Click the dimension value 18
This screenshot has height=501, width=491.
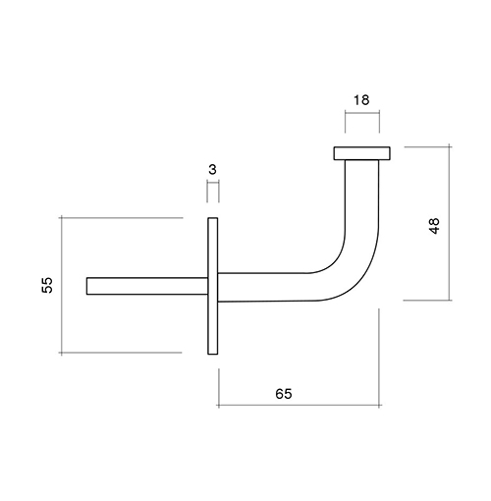(x=361, y=100)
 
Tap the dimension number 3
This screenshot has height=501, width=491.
(x=212, y=170)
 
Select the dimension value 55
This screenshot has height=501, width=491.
(x=47, y=285)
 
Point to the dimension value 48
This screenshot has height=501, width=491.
(x=434, y=226)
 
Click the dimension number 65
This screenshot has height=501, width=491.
(x=284, y=394)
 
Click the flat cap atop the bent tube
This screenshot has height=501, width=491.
(x=361, y=153)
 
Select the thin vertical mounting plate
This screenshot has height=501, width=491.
(x=213, y=286)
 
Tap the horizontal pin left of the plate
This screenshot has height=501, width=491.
(x=147, y=286)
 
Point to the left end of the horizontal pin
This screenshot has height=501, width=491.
(x=86, y=286)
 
